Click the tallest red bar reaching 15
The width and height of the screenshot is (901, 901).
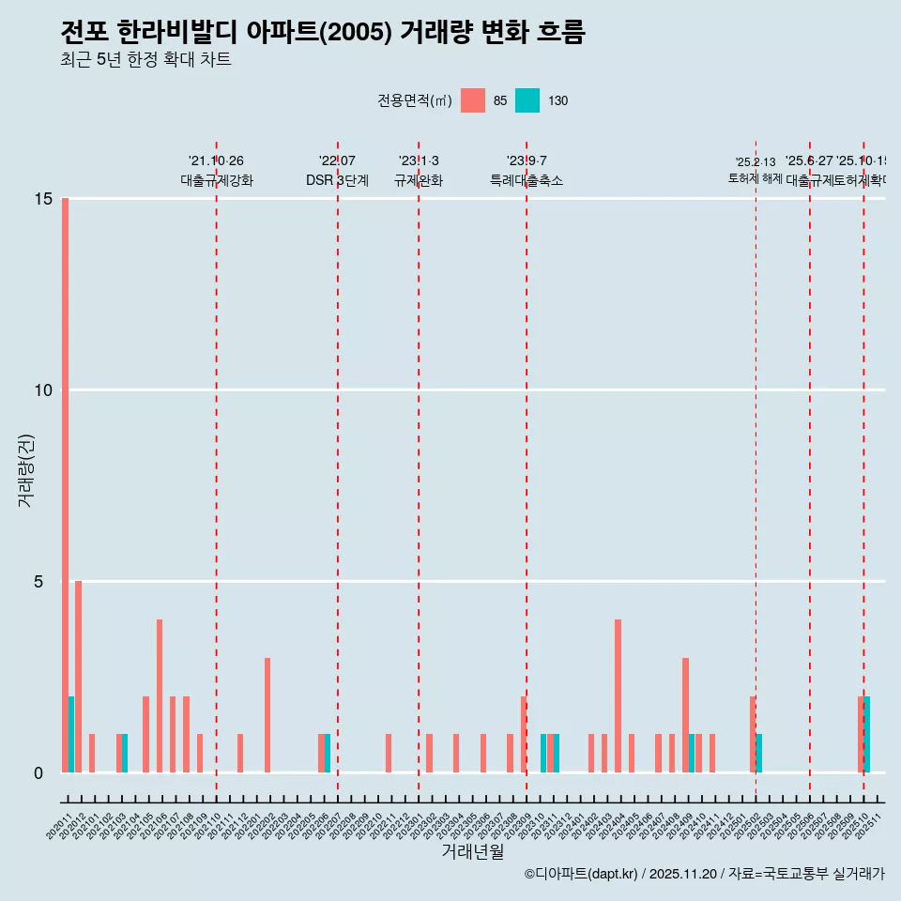[x=65, y=484]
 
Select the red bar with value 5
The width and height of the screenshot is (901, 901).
[x=78, y=677]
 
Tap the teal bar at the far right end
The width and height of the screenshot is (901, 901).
[x=867, y=734]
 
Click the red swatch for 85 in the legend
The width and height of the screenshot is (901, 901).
[x=473, y=100]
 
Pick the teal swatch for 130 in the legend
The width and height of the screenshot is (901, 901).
[x=527, y=100]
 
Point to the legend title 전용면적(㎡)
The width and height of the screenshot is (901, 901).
[x=414, y=101]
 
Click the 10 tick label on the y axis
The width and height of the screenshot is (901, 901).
[x=32, y=390]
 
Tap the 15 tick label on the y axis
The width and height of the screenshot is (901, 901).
[x=32, y=199]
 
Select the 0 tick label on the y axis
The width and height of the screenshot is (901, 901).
[x=38, y=773]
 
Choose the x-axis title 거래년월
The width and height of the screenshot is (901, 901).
[x=473, y=851]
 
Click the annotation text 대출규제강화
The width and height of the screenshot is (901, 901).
[x=217, y=180]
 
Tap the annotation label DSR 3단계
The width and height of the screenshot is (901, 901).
[x=337, y=180]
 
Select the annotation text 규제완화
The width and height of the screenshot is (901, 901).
[x=419, y=180]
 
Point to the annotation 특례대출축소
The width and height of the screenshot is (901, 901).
[x=527, y=180]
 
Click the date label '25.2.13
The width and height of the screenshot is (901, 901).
[x=756, y=162]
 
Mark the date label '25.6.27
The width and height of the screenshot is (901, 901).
[x=809, y=161]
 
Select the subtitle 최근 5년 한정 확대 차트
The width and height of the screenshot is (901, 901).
[x=145, y=60]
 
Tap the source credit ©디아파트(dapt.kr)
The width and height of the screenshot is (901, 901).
[x=582, y=874]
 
